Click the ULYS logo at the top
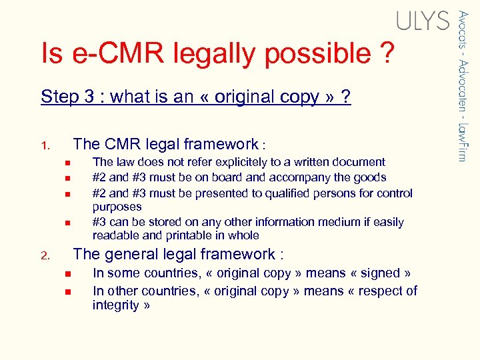click(x=423, y=21)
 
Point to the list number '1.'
click(x=45, y=145)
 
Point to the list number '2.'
click(x=45, y=255)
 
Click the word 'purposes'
click(x=117, y=207)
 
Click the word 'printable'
click(x=185, y=235)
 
